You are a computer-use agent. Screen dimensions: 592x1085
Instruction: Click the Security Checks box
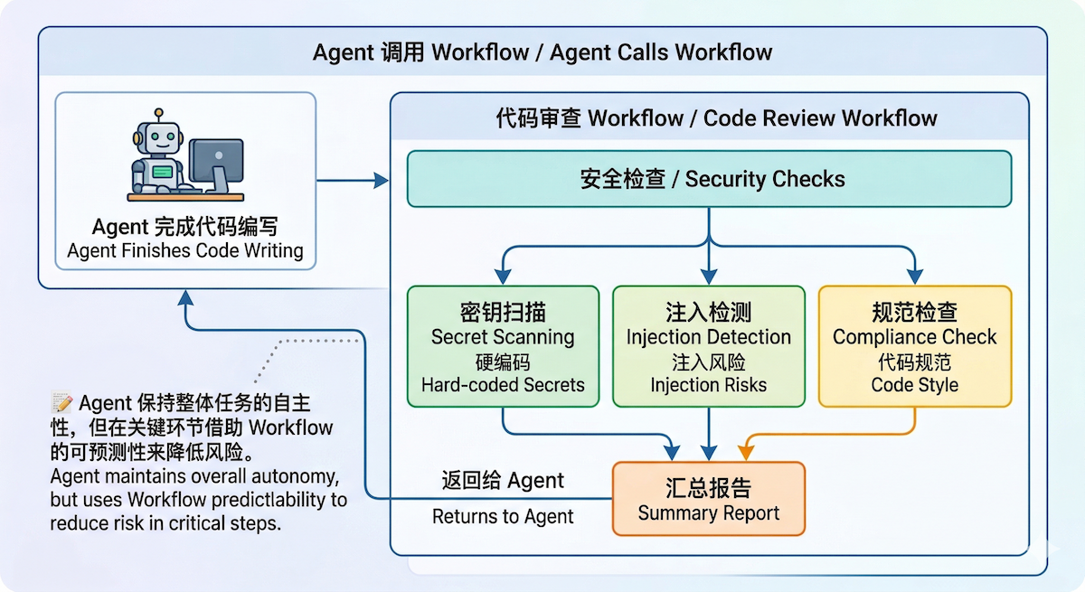tap(709, 179)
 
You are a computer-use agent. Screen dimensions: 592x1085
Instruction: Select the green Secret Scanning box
tap(503, 347)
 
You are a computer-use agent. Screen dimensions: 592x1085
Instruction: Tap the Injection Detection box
tap(709, 347)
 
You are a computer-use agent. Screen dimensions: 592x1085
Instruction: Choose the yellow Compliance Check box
tap(914, 347)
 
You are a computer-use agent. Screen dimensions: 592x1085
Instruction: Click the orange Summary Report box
tap(709, 500)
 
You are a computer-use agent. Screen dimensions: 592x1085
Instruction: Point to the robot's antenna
tap(159, 116)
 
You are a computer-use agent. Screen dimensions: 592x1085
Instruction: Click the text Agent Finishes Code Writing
tap(185, 251)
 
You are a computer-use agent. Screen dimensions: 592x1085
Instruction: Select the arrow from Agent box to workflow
tap(353, 181)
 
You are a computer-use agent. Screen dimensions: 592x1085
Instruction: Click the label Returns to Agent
tap(503, 517)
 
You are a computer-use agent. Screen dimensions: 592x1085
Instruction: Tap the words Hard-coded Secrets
tap(503, 385)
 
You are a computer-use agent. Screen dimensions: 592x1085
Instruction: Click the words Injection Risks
tap(709, 385)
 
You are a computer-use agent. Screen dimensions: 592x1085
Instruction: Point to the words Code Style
tap(914, 385)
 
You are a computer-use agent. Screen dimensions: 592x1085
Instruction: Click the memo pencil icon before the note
tap(61, 402)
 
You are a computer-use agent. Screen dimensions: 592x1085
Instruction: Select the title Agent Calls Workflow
tap(661, 52)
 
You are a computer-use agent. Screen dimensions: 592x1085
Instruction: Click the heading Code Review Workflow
tap(820, 118)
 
